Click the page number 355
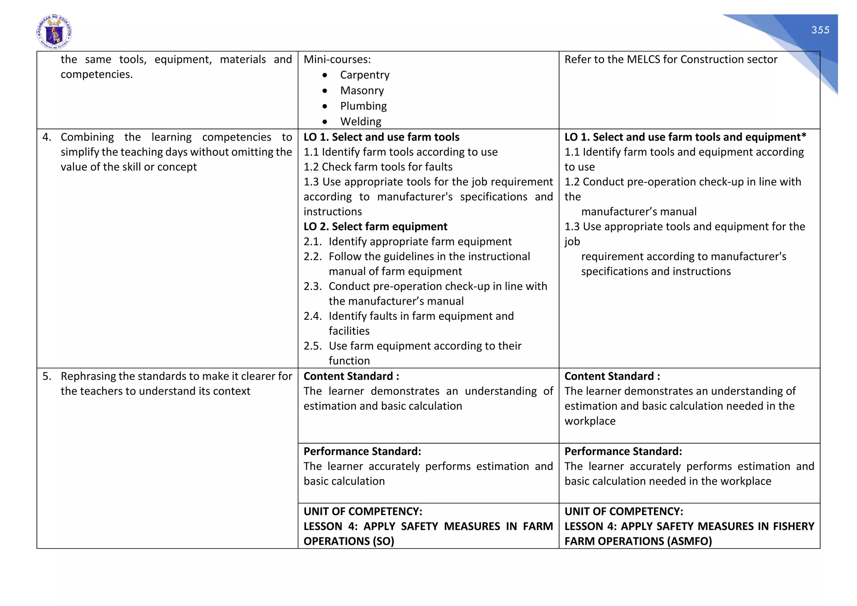[820, 30]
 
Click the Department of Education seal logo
[54, 32]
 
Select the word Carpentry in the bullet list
[364, 75]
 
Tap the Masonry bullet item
[362, 90]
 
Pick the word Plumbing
[363, 106]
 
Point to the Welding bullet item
[361, 121]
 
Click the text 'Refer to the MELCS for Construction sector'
[670, 59]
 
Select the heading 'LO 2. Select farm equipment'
[375, 226]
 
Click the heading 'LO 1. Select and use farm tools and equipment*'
[685, 137]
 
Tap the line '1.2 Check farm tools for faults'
[378, 167]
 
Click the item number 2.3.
[313, 286]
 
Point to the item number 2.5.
[313, 346]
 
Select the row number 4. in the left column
[47, 137]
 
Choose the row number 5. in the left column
[47, 376]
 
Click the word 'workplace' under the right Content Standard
[590, 421]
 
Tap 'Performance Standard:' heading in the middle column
[362, 451]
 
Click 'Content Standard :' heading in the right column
[612, 376]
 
